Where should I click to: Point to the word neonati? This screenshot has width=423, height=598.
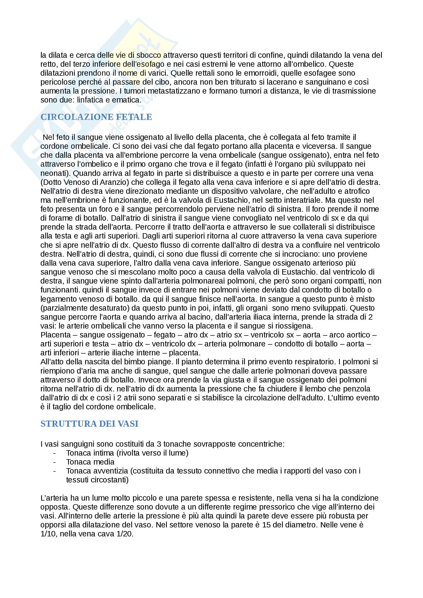[x=54, y=173]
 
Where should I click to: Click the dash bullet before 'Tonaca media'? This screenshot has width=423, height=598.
[x=55, y=462]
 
